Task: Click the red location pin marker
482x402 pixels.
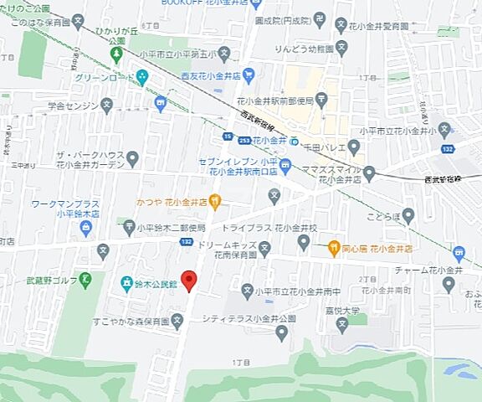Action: tap(190, 281)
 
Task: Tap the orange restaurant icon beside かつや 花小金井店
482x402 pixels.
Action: tap(215, 201)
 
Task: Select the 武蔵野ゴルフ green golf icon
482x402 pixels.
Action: tap(85, 279)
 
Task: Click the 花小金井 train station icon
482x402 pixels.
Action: tap(283, 141)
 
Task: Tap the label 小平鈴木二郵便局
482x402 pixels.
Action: tap(171, 227)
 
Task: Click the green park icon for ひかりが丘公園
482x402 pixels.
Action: tap(116, 54)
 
